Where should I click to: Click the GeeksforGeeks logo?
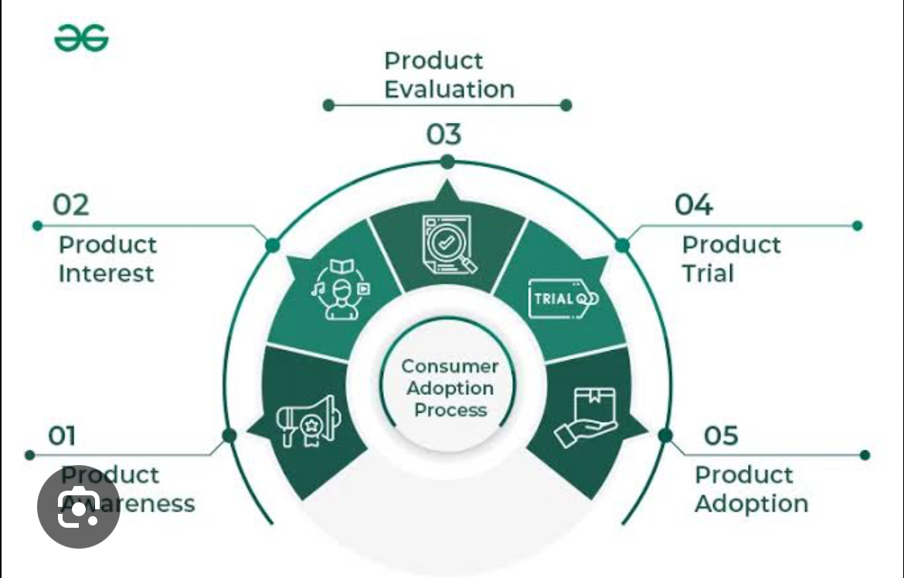pyautogui.click(x=81, y=38)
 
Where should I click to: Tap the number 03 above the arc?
pyautogui.click(x=444, y=134)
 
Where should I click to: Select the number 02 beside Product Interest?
pyautogui.click(x=70, y=205)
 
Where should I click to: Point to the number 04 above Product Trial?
pyautogui.click(x=693, y=205)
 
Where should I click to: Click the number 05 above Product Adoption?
pyautogui.click(x=720, y=436)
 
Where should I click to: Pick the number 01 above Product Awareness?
pyautogui.click(x=62, y=436)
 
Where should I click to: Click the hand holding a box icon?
pyautogui.click(x=585, y=418)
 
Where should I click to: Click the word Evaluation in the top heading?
pyautogui.click(x=449, y=89)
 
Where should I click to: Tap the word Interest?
pyautogui.click(x=107, y=274)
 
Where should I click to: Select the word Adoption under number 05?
pyautogui.click(x=751, y=504)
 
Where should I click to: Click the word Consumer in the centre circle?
pyautogui.click(x=450, y=365)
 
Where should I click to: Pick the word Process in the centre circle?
pyautogui.click(x=450, y=410)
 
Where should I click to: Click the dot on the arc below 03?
pyautogui.click(x=447, y=162)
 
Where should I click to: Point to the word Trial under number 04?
pyautogui.click(x=707, y=274)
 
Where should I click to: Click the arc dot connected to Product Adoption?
pyautogui.click(x=665, y=436)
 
